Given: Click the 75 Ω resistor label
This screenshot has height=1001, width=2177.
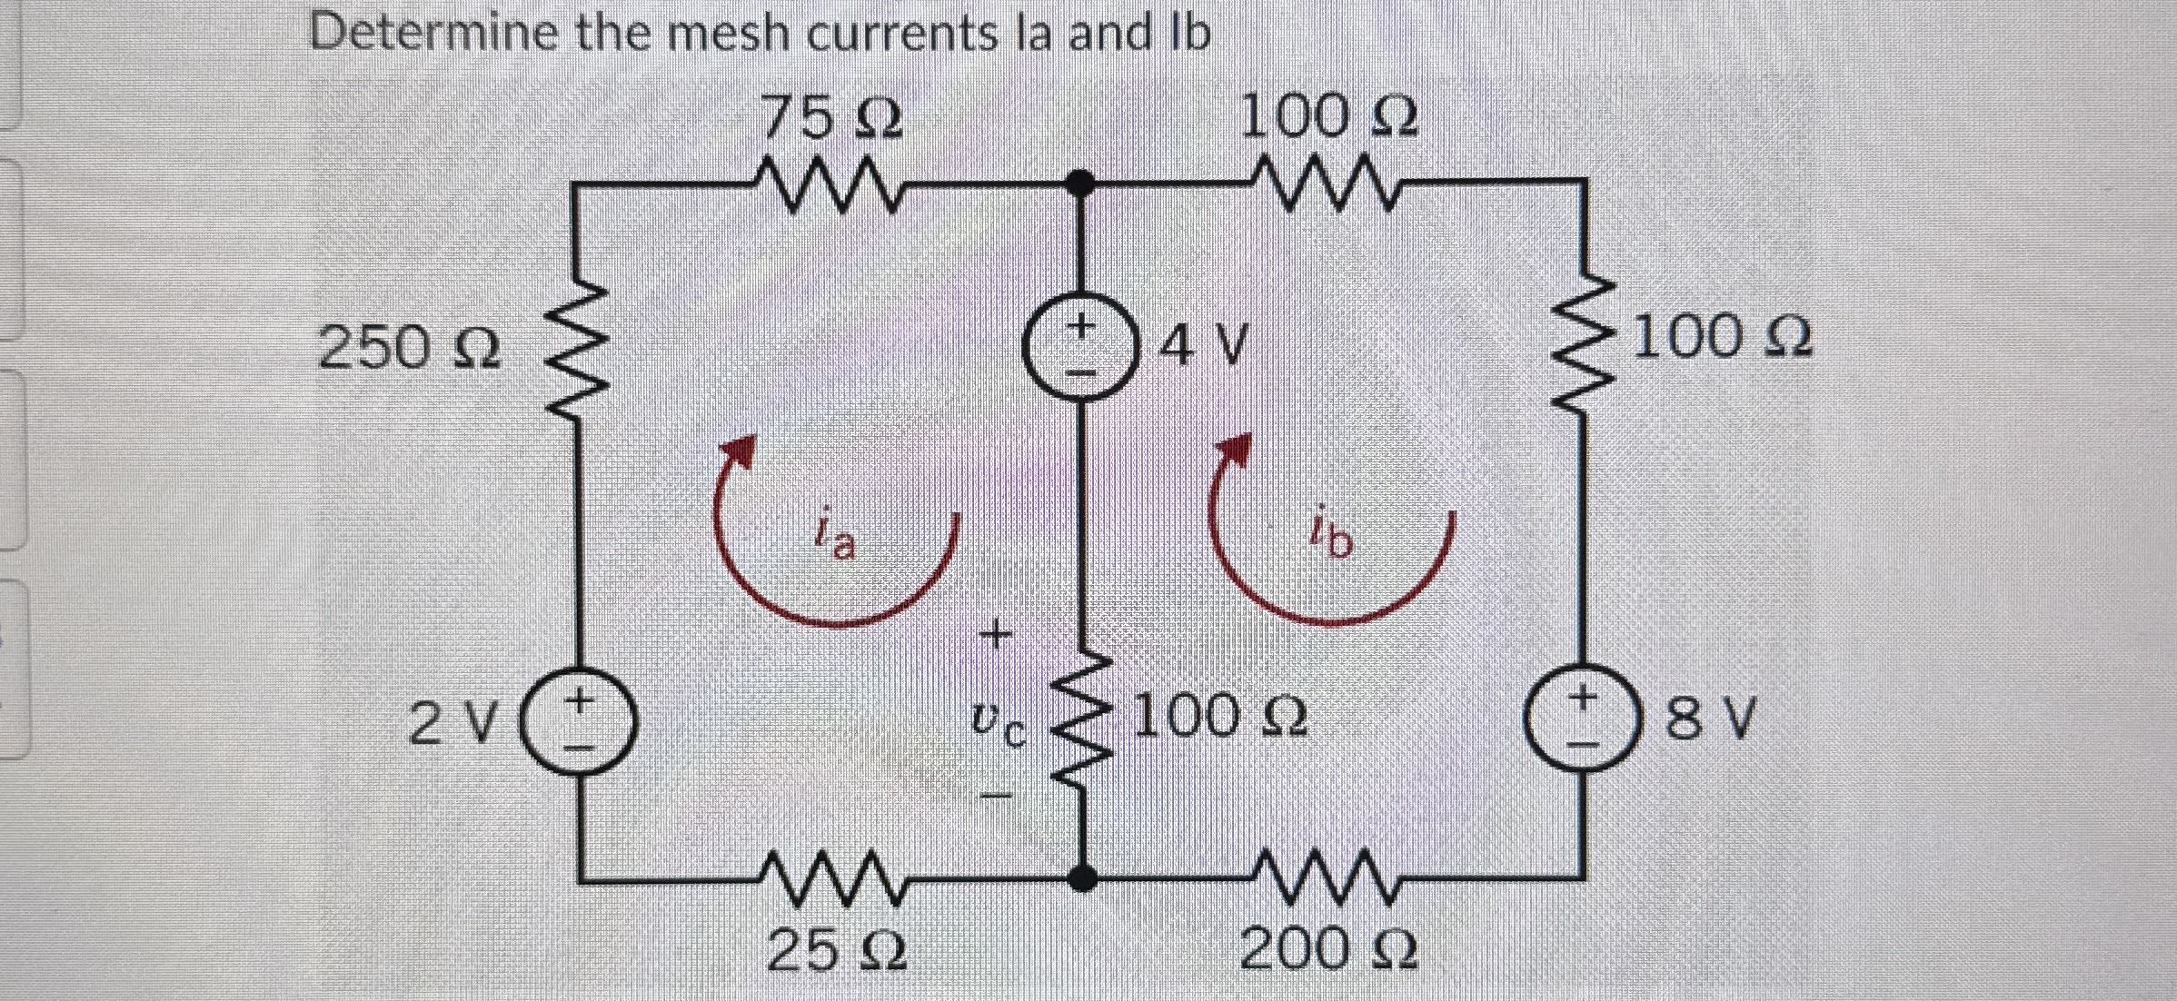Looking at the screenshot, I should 831,118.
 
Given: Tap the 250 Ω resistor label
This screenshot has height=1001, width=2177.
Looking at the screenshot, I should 409,348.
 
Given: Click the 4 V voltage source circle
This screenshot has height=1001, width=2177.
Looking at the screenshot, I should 1079,350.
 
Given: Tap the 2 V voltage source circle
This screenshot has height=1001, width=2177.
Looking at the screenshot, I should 578,723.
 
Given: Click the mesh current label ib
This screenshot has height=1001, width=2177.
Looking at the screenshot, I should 1331,539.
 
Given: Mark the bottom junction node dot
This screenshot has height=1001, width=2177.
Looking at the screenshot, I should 1080,877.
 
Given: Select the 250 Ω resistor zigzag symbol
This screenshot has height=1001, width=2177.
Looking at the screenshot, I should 575,350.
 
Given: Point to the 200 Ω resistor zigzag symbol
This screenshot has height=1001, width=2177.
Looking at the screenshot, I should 1327,877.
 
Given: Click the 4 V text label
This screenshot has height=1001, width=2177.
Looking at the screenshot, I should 1202,346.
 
